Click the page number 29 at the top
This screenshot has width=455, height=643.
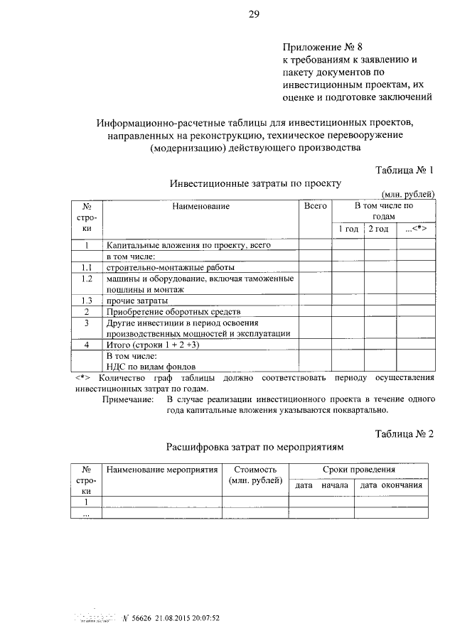coord(252,14)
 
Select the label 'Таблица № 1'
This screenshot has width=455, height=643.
coord(403,170)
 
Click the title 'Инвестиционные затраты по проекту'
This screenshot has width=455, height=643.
coord(255,183)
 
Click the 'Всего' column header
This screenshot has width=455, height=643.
coord(315,206)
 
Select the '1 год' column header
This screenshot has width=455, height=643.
coord(348,229)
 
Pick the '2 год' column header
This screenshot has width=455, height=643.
coord(379,229)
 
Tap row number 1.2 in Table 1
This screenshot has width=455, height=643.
coord(87,279)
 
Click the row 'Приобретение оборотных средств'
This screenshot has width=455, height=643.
coord(173,312)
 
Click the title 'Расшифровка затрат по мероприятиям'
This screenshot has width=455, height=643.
coord(255,448)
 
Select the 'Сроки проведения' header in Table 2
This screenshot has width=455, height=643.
coord(358,470)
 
